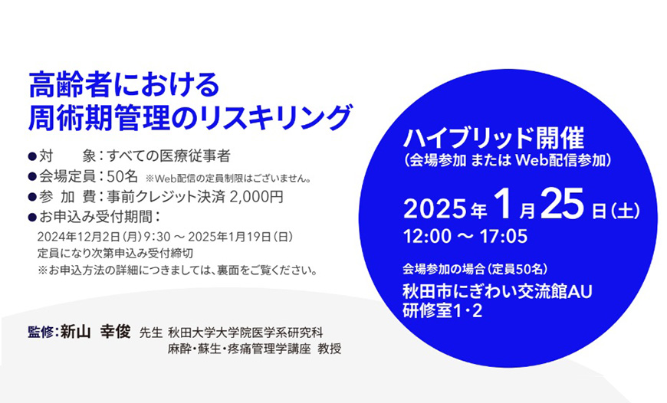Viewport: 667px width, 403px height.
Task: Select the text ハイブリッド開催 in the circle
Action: click(x=494, y=139)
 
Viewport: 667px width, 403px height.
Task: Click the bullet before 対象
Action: click(x=32, y=156)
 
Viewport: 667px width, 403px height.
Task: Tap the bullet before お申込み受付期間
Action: click(x=32, y=217)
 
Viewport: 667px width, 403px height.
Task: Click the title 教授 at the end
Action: click(x=330, y=349)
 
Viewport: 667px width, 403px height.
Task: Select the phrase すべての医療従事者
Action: click(x=169, y=156)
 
